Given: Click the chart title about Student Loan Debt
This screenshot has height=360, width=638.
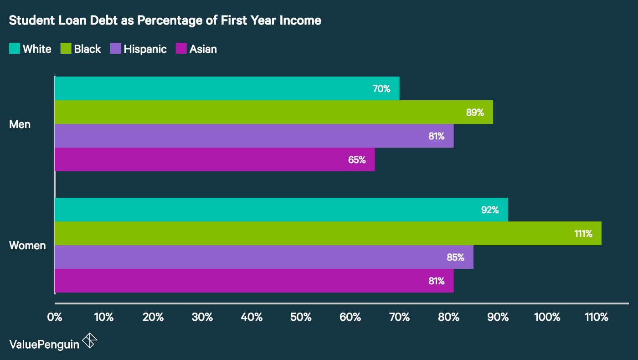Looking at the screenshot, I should point(165,21).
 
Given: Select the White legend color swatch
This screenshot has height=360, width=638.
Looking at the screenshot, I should point(15,49).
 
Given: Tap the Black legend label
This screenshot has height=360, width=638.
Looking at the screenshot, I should point(87,49).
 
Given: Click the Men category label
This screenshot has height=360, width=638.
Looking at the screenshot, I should point(20,124).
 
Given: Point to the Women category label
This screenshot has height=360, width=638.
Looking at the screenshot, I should point(27,246).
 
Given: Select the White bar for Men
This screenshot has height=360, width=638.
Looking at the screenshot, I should point(227,88).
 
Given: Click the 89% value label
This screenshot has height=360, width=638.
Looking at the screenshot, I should point(475,112).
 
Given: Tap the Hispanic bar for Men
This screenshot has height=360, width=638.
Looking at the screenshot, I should point(254,136).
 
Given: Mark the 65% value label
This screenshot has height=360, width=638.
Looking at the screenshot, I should point(357,159).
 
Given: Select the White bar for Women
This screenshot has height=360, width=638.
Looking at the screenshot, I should point(281,210).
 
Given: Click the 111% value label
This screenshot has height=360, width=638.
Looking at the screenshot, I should point(583,233).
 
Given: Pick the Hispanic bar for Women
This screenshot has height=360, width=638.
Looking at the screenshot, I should point(264,257).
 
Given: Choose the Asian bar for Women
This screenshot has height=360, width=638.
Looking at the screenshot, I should point(254,281).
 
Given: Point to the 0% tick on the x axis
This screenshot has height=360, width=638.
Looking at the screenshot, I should point(55,317).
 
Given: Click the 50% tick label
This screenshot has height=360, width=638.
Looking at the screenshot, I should point(301,317).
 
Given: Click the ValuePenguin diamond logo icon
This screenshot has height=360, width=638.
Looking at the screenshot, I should point(90,341).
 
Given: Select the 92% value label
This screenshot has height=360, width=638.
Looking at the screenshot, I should point(490,210).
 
